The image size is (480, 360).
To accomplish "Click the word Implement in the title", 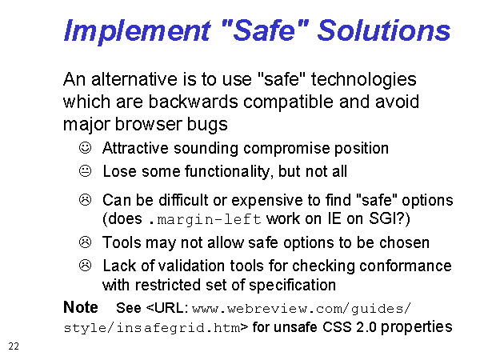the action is point(137,31).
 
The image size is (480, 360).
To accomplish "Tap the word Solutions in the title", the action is point(384,30).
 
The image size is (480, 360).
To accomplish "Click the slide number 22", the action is point(14,346).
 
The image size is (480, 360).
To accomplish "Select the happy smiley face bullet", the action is point(85,147).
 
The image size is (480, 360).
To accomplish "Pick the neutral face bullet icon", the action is point(85,171).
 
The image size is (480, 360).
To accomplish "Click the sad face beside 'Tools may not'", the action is point(85,242).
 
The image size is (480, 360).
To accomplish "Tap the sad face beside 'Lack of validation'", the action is point(85,265).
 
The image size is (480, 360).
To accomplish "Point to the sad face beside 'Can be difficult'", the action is point(85,199).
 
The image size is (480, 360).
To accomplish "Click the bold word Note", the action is point(81,307).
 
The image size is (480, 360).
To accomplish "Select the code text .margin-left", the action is point(205,219).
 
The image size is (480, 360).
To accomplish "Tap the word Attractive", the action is point(135,148).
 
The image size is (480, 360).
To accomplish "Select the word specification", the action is point(292,286).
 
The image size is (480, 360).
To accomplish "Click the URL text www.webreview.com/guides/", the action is point(302,309).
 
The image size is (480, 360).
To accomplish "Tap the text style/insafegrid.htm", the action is point(152,328).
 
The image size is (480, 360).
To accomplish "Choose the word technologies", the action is point(364,79).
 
